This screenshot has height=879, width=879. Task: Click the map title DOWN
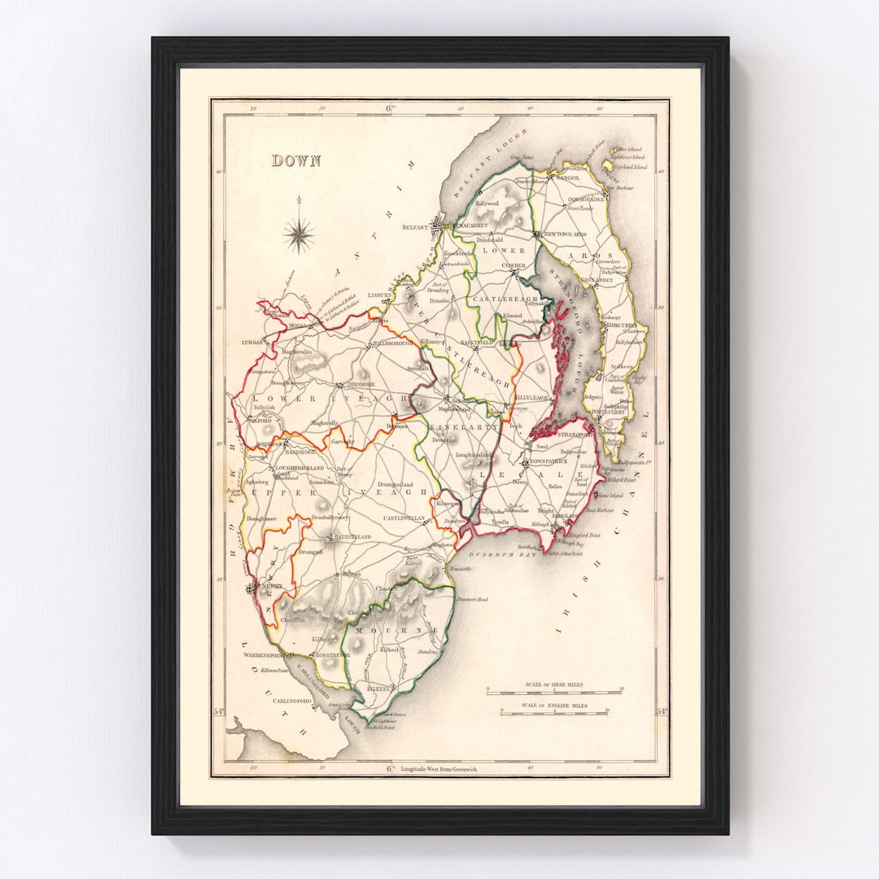tap(296, 161)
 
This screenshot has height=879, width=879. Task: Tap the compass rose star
tap(300, 236)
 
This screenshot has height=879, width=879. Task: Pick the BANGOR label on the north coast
tap(567, 177)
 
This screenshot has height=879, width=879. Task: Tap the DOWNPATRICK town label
tap(553, 461)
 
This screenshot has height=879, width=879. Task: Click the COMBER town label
tap(513, 265)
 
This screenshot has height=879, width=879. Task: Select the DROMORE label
tap(361, 383)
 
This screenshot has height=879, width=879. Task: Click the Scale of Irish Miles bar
tap(553, 691)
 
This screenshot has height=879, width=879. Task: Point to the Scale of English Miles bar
tap(553, 711)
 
